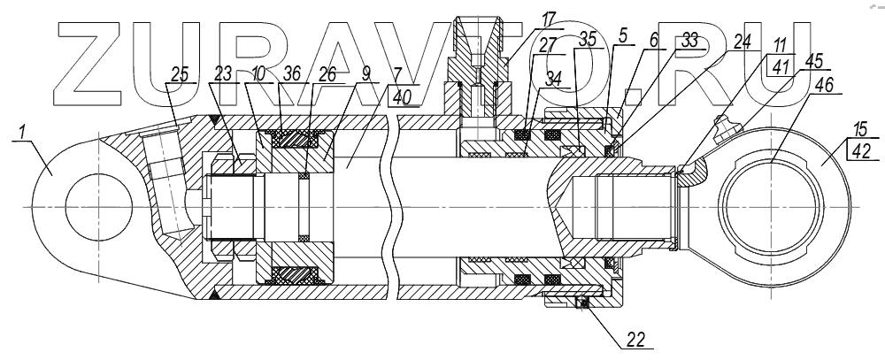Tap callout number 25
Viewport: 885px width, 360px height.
[180, 75]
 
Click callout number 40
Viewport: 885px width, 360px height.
[402, 100]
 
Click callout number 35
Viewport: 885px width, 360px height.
[586, 39]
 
